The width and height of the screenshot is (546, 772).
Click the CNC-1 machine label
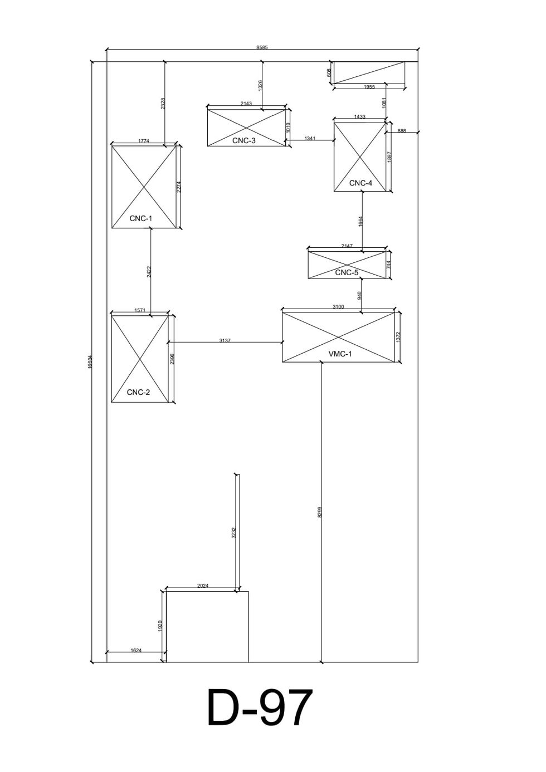click(140, 218)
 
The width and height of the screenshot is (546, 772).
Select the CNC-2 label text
click(138, 392)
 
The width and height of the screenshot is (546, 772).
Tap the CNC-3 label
click(243, 140)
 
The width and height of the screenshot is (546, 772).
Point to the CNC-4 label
click(360, 183)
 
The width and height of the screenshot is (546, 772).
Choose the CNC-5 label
click(347, 272)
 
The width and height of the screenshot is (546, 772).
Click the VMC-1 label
click(340, 354)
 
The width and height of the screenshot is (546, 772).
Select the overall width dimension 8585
click(262, 47)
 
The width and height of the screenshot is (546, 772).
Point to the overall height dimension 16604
click(90, 362)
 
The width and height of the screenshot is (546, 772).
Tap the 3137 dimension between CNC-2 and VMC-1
click(225, 340)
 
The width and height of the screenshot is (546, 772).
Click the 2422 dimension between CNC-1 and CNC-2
click(149, 272)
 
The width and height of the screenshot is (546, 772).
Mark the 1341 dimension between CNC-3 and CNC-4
click(310, 139)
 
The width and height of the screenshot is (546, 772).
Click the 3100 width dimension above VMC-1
click(338, 307)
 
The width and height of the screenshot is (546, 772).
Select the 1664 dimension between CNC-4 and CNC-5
click(360, 221)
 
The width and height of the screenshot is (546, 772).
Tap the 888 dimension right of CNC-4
click(402, 131)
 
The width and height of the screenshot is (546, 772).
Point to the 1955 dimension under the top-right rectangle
click(369, 87)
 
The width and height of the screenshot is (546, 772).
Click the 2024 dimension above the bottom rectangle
click(203, 585)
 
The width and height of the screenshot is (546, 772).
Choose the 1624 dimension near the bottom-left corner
click(136, 651)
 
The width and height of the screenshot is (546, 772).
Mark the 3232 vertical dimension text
click(234, 533)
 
